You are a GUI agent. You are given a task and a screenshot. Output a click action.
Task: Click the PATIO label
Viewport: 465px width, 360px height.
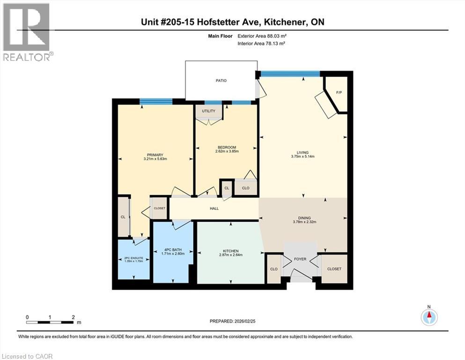221,81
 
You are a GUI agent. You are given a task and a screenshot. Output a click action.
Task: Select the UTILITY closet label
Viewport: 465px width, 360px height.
208,111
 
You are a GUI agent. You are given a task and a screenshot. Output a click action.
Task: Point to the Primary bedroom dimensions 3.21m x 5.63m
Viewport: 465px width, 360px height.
155,159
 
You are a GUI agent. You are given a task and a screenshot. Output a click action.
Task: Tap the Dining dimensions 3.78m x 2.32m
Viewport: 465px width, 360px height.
305,222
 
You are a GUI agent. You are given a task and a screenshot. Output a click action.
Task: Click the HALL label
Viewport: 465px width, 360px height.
214,209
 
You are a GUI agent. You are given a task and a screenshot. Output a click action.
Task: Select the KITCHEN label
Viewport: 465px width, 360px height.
229,251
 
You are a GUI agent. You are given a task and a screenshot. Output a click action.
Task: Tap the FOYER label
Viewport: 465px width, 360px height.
300,258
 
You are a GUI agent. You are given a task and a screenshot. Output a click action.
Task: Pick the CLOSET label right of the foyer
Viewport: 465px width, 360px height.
334,269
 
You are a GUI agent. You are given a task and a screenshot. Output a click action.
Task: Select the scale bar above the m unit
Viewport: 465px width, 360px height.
50,322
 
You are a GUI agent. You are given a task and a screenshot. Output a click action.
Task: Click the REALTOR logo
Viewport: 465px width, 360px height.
27,32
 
